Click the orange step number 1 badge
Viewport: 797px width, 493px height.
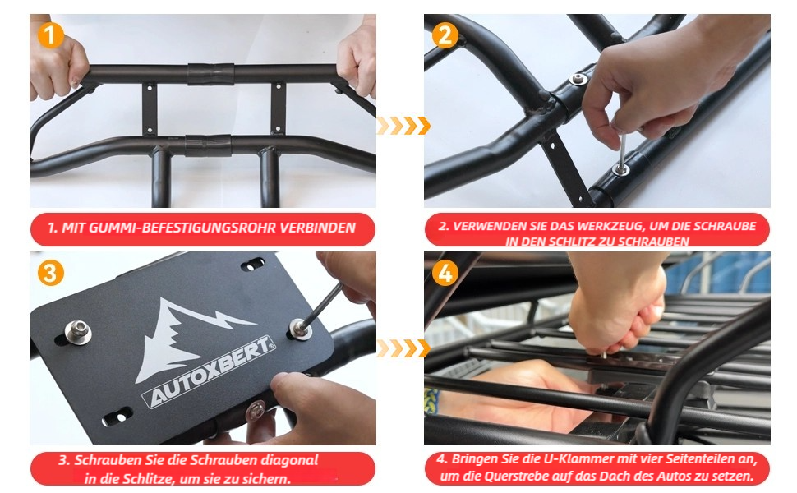[x=50, y=35]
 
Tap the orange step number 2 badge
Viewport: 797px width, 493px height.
[x=445, y=35]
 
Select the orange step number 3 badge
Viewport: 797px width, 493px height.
[x=50, y=273]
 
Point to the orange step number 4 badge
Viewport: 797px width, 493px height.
[x=445, y=273]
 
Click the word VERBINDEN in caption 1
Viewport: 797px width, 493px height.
[x=318, y=228]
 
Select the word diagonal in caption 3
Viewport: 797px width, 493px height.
[x=290, y=460]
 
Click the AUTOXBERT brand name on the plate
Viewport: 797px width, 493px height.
[x=210, y=371]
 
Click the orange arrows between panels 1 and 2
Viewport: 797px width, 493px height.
[x=403, y=126]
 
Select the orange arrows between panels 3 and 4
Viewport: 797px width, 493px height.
[x=403, y=348]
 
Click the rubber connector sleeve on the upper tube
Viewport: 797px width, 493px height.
[x=211, y=74]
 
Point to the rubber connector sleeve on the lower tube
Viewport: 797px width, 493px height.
[x=208, y=145]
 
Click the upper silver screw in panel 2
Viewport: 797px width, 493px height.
[x=578, y=79]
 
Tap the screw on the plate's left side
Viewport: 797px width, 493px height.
[x=78, y=332]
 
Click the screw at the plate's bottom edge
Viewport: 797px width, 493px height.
[x=255, y=410]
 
